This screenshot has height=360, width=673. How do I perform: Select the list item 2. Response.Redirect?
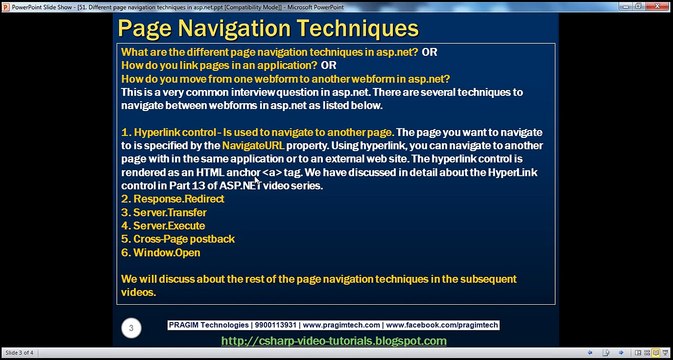point(172,199)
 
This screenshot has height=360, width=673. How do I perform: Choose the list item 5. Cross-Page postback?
point(177,239)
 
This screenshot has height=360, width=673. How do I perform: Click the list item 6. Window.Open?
point(160,252)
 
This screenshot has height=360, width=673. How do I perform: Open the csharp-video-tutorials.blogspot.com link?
point(333,341)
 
